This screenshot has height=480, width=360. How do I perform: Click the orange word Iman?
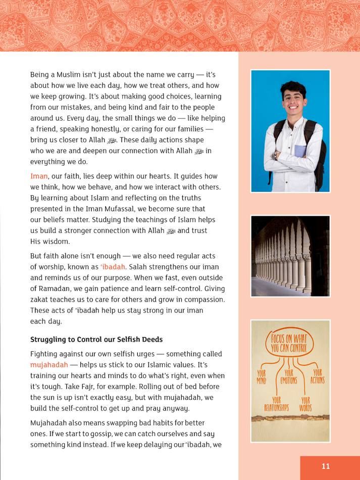tap(39, 176)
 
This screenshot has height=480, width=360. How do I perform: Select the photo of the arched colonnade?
tap(290, 256)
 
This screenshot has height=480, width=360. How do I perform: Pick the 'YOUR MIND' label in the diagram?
tap(262, 377)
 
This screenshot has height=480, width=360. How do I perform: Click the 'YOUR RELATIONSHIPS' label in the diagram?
tap(276, 403)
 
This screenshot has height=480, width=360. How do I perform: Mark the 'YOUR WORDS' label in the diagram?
tap(305, 403)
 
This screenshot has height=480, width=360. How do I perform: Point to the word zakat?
tap(41, 300)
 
